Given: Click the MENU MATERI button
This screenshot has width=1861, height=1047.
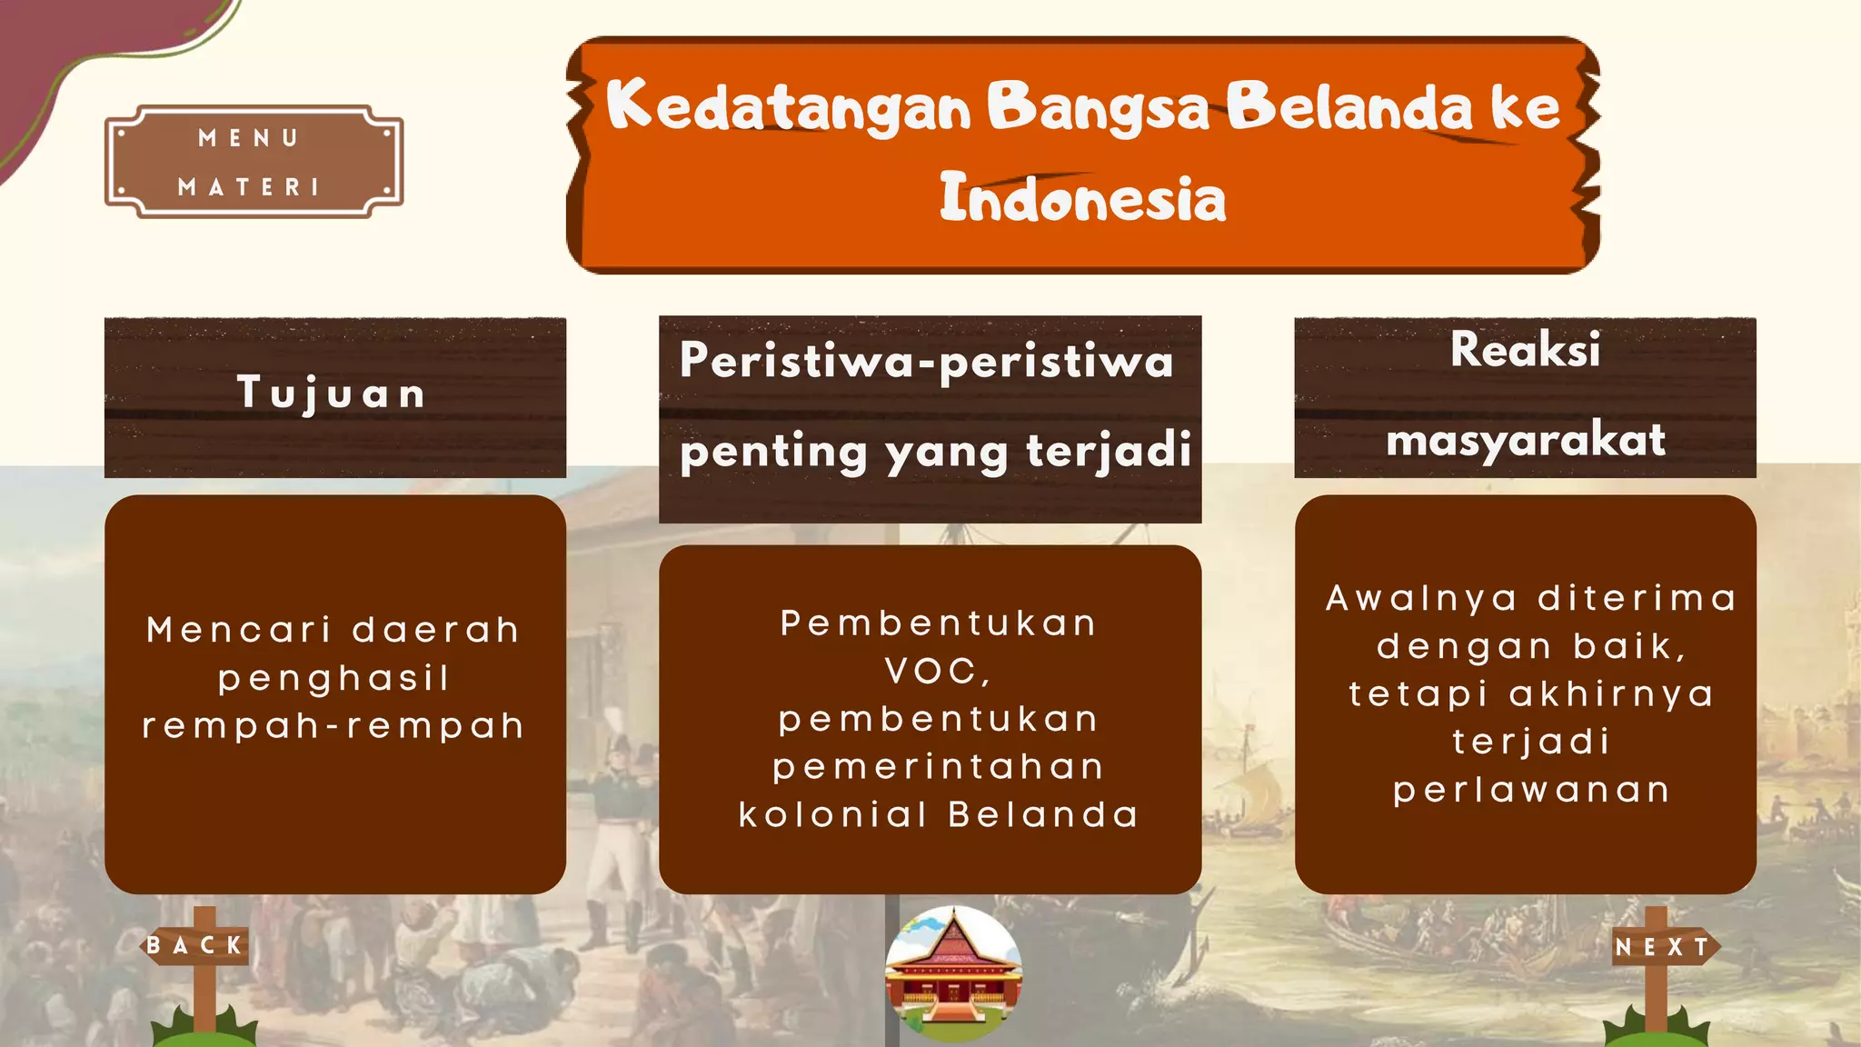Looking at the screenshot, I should (254, 162).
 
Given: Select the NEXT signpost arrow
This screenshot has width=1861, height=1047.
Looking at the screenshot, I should (1664, 947).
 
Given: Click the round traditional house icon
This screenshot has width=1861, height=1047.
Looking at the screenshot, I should (953, 973).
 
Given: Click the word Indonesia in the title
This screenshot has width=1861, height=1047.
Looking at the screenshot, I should (1082, 198).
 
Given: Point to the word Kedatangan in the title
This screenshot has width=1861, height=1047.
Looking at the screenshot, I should (789, 107).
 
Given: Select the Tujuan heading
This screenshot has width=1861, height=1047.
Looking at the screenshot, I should (332, 394).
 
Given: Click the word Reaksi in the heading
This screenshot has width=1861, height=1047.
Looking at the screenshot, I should (1525, 350).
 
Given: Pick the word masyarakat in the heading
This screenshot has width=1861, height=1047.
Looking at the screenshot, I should (1526, 441).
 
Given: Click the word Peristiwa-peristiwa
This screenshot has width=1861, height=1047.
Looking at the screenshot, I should (927, 361).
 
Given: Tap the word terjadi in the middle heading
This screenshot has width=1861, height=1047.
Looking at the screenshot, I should (1109, 450).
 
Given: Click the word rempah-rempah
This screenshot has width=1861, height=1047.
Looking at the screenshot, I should (334, 726).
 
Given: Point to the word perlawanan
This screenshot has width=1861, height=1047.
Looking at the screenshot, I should (1532, 790).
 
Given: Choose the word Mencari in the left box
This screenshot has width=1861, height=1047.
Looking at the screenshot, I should (240, 630).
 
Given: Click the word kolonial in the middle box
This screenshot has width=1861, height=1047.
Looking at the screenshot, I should (832, 814).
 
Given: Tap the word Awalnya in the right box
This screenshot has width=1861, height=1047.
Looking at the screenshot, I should (1421, 598).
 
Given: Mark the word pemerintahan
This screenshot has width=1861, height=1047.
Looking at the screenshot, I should (939, 767).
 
